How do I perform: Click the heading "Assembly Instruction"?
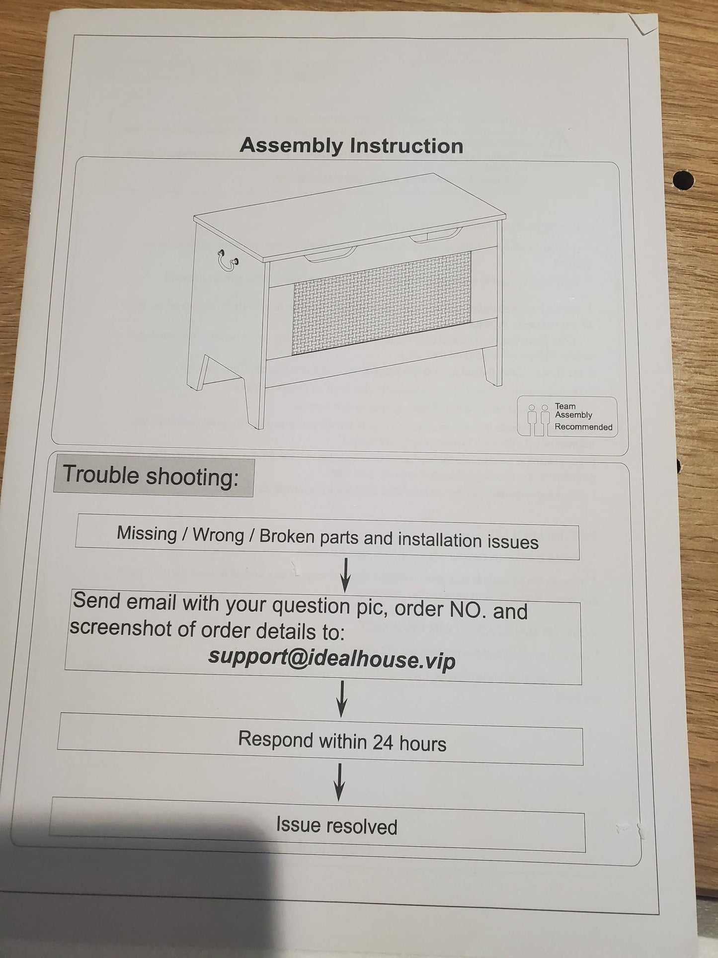[x=351, y=146]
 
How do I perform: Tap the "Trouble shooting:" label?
[x=151, y=476]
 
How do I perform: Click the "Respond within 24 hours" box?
[x=320, y=739]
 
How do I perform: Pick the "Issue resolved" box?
[x=318, y=824]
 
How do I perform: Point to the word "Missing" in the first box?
[x=147, y=533]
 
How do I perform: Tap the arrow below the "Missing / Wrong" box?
[x=346, y=575]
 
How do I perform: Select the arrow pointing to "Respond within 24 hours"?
[x=342, y=698]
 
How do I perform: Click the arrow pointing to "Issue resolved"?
[x=339, y=783]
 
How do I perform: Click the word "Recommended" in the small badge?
[x=583, y=427]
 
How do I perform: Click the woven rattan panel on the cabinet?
[x=381, y=302]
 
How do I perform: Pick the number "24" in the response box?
[x=383, y=742]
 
